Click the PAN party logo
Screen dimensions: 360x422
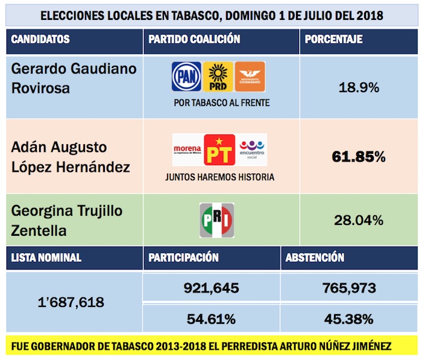pos(187,77)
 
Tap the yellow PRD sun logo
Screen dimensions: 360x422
pos(218,77)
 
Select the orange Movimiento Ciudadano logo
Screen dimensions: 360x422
pos(250,77)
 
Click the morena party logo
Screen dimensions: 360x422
pos(187,149)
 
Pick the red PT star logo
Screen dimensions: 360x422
pos(219,150)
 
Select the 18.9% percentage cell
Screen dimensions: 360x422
pos(359,87)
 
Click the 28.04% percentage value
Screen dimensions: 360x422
pos(359,221)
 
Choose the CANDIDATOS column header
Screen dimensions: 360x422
pos(40,40)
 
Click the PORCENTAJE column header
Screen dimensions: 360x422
pos(333,40)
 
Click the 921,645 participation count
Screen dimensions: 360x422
pos(211,288)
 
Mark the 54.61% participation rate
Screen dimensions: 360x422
pos(211,318)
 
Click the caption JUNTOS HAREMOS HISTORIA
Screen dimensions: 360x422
pos(219,177)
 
